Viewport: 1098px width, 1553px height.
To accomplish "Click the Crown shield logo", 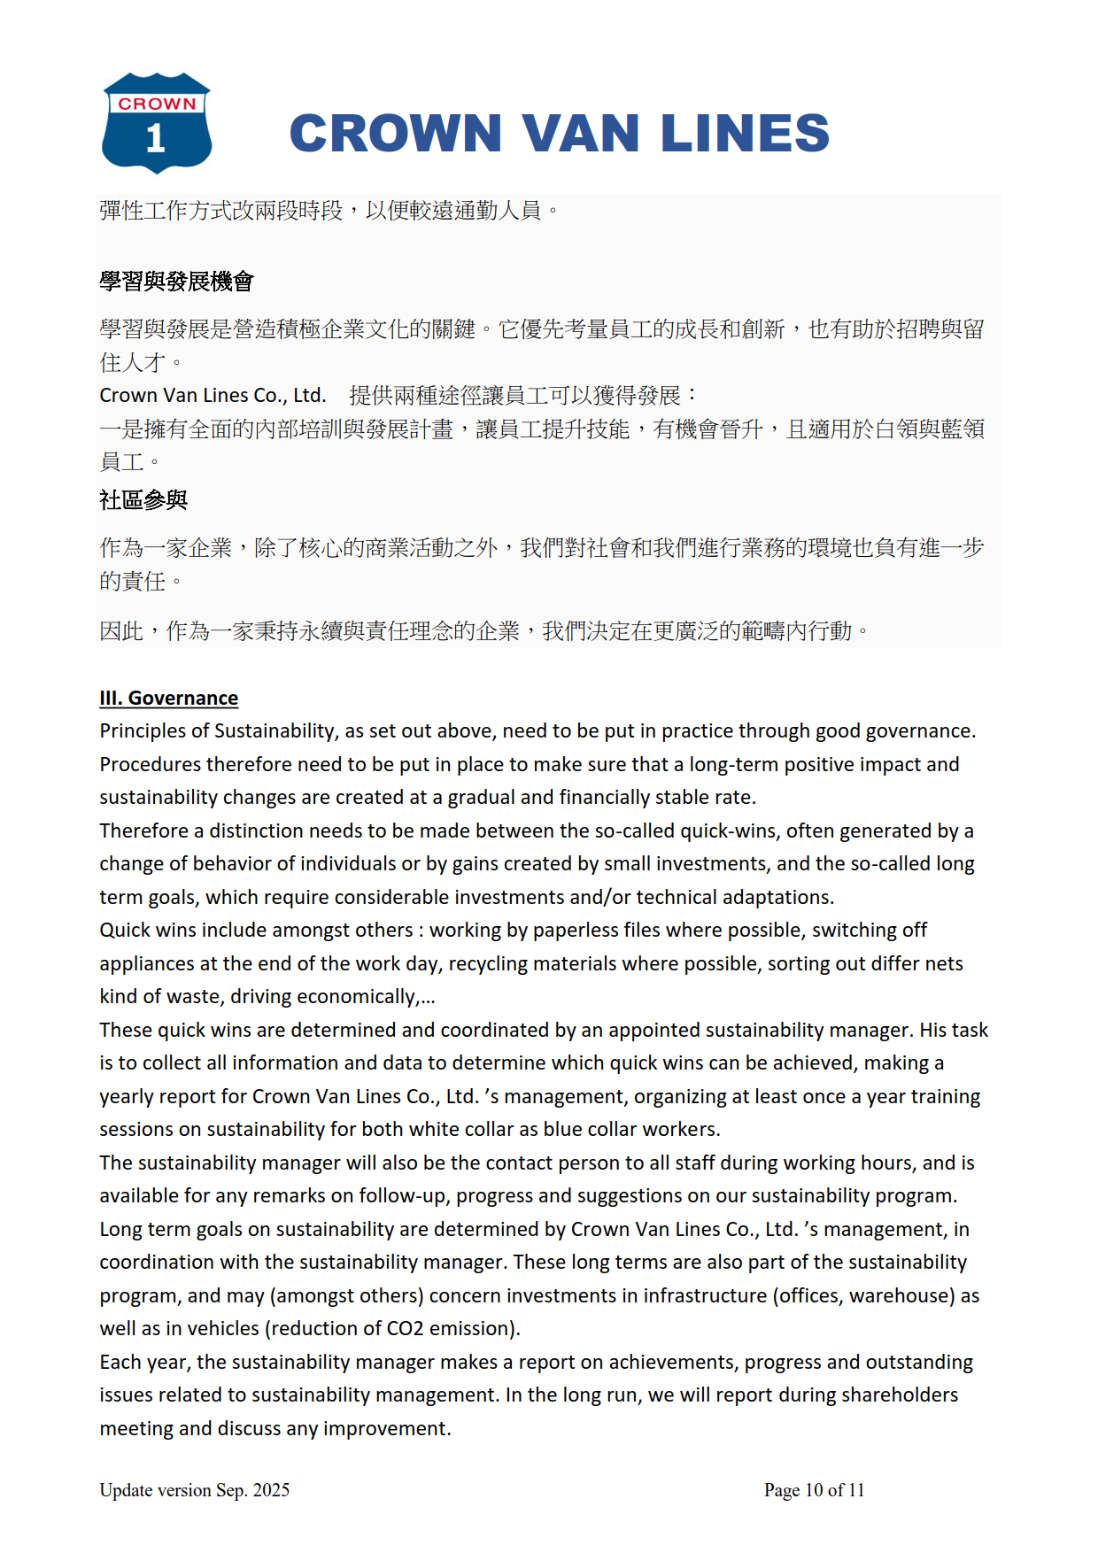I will coord(157,122).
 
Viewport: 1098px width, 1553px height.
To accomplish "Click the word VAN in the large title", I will coord(580,134).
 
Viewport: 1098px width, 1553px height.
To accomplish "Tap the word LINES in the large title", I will coord(745,134).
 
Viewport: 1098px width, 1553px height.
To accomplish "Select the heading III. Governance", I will coord(168,698).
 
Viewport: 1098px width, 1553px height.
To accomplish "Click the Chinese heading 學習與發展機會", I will coord(176,282).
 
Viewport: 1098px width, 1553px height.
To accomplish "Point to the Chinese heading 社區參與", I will coord(143,500).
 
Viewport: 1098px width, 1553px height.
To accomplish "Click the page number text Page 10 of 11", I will coord(814,1490).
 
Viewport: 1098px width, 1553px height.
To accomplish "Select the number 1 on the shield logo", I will coord(156,139).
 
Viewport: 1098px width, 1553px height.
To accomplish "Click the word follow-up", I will coord(403,1196).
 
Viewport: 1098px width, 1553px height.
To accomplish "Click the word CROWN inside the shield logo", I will coord(157,104).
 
